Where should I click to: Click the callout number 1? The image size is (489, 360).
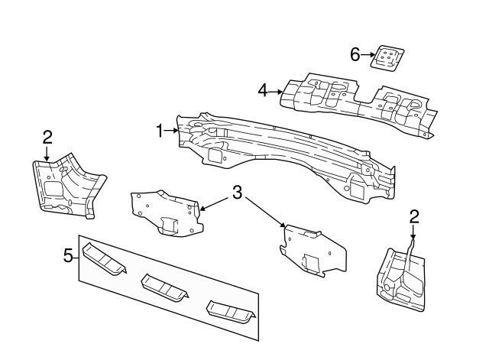coord(160,131)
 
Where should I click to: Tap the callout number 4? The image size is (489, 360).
coord(262,91)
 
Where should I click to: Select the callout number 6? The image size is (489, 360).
coord(355,54)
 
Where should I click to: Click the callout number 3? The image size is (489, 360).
coord(238,193)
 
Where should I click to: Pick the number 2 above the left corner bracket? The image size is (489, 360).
coord(47,137)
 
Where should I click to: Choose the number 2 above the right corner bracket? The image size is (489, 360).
coord(413,216)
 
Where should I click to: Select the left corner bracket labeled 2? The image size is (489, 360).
coord(65,183)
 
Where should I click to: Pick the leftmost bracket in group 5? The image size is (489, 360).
coord(104,258)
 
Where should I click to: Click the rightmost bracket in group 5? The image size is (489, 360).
coord(230,314)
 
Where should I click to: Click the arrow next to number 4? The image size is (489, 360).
coord(276,92)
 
